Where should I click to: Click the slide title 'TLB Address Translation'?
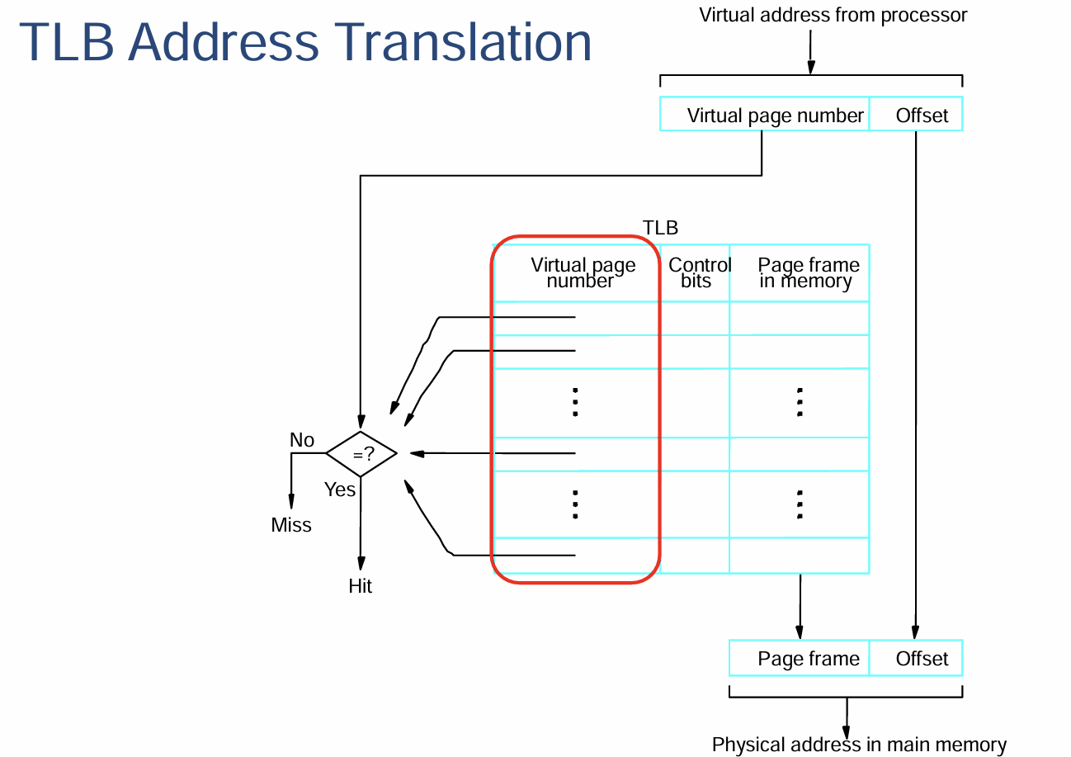click(305, 42)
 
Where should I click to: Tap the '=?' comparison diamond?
click(361, 454)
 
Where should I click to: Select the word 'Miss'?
click(291, 525)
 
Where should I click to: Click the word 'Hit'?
click(360, 585)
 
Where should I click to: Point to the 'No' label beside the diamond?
click(302, 440)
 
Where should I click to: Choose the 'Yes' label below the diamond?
click(340, 490)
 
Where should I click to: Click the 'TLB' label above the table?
click(660, 228)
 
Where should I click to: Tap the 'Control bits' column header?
click(699, 272)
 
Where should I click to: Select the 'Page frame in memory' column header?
click(808, 272)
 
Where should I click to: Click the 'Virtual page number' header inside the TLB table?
click(583, 272)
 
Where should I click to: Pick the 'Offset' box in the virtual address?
click(916, 114)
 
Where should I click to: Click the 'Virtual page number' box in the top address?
click(765, 114)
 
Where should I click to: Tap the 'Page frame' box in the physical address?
click(800, 658)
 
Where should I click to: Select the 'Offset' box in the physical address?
click(916, 658)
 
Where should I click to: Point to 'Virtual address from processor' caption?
click(833, 16)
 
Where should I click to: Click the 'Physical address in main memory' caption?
click(859, 745)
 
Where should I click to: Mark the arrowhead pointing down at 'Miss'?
click(291, 501)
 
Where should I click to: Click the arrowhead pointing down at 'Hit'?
click(361, 563)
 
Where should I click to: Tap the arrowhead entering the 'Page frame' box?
click(800, 632)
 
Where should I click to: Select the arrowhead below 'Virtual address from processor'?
click(811, 68)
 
